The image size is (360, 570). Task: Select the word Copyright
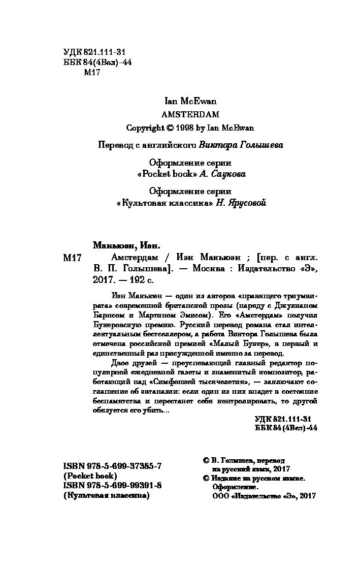click(x=146, y=128)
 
